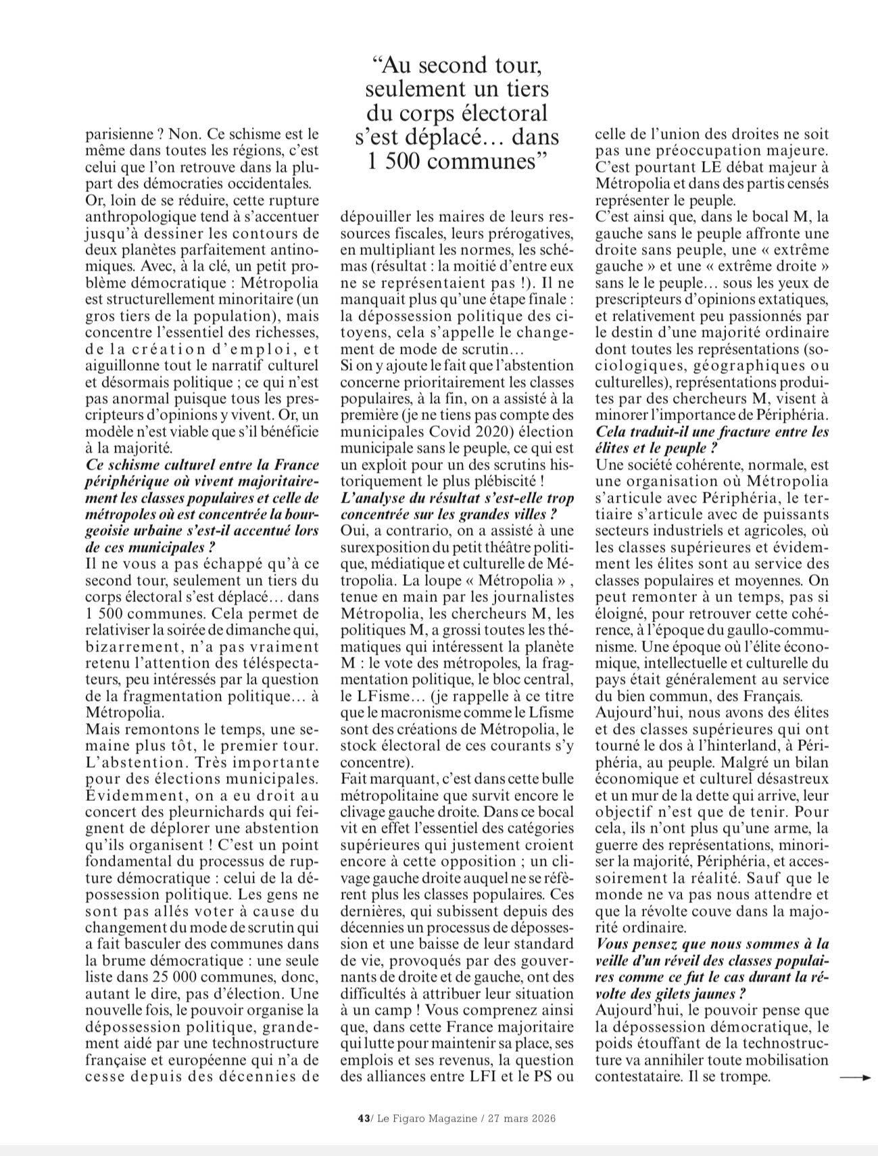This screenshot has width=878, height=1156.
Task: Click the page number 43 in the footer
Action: click(362, 1119)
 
